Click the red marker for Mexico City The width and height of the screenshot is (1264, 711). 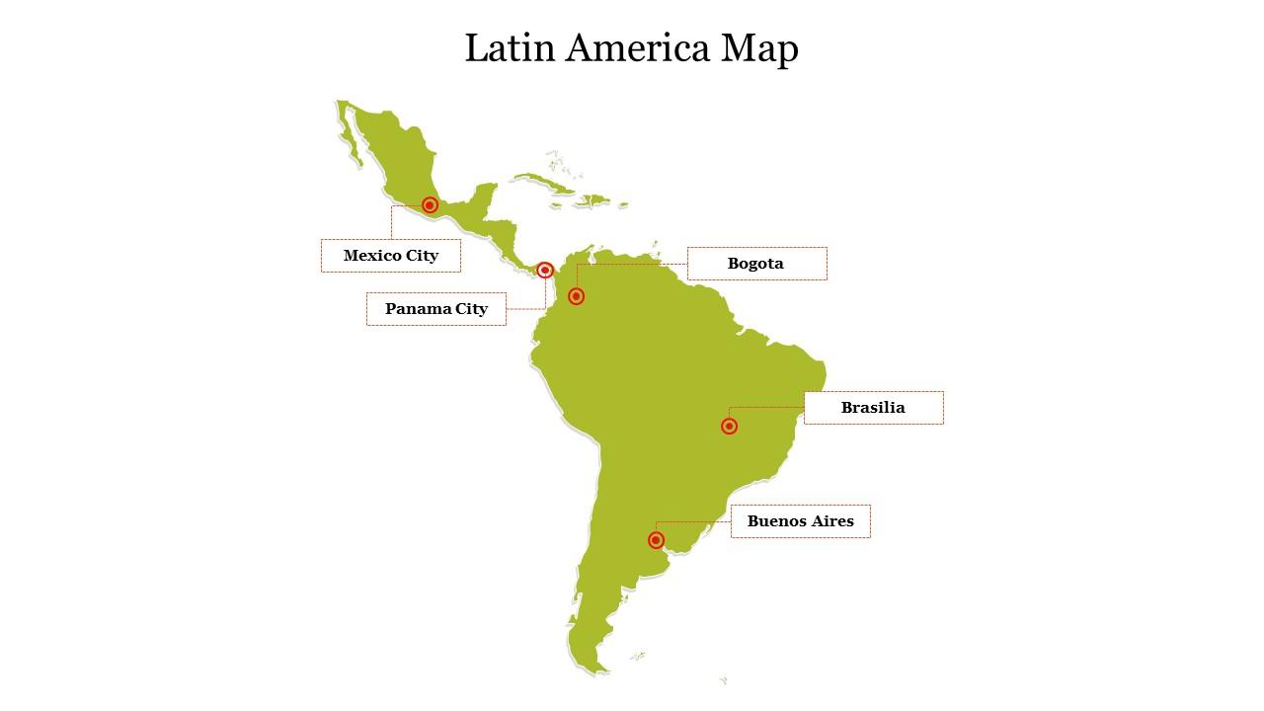pyautogui.click(x=430, y=205)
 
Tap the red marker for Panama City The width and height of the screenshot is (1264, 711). pyautogui.click(x=544, y=270)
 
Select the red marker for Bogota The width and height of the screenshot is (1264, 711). pyautogui.click(x=577, y=296)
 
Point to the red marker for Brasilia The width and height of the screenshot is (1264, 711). pyautogui.click(x=729, y=427)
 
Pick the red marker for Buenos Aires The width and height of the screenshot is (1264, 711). pyautogui.click(x=656, y=540)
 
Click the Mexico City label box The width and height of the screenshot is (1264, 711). pyautogui.click(x=391, y=256)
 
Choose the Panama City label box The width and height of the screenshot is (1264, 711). pyautogui.click(x=436, y=309)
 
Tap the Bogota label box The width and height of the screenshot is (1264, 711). pyautogui.click(x=756, y=264)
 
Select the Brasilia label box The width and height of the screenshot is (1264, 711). pyautogui.click(x=873, y=408)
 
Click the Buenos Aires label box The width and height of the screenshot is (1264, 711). pyautogui.click(x=800, y=521)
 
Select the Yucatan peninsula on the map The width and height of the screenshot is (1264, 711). pyautogui.click(x=485, y=197)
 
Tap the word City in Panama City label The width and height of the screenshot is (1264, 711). pyautogui.click(x=471, y=309)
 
